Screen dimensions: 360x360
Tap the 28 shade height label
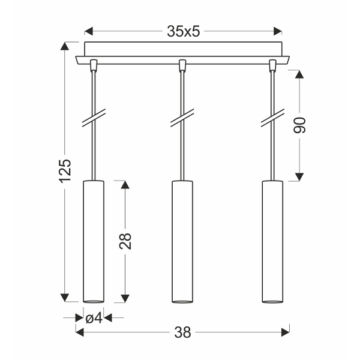tap(125, 241)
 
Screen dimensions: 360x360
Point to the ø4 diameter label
tap(93, 318)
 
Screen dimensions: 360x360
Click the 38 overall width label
tap(182, 331)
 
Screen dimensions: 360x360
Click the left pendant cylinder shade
tap(93, 240)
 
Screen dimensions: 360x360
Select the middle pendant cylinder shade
tap(182, 240)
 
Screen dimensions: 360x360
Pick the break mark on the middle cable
tap(182, 118)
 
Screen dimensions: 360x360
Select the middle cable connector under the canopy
tap(182, 64)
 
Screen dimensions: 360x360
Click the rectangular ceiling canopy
tap(183, 49)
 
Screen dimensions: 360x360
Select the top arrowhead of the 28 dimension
tap(125, 184)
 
